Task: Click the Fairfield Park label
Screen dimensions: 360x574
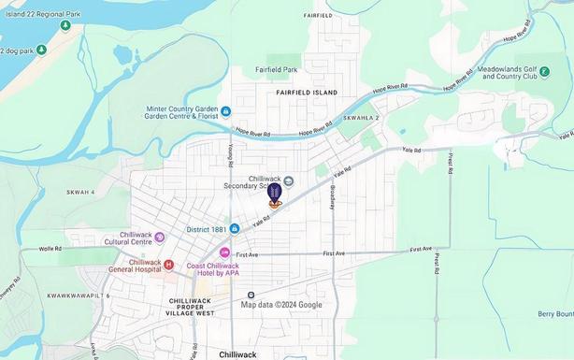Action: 276,69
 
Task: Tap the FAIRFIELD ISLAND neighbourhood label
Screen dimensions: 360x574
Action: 306,94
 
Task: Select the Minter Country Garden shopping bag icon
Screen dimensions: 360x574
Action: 225,111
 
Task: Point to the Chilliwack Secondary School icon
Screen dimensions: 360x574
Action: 288,181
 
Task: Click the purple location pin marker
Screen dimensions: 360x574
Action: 275,194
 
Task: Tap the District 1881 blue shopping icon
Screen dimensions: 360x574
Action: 235,228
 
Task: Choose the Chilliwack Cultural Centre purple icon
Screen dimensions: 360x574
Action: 159,238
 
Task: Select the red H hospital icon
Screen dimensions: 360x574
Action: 168,265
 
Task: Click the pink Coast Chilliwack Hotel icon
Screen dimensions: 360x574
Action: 224,252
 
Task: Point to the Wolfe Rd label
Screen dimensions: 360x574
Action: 50,249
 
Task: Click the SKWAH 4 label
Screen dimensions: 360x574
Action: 80,192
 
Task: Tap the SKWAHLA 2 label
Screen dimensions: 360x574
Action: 361,119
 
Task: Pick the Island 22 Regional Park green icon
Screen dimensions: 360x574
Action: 65,25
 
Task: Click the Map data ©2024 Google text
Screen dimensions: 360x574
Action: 281,305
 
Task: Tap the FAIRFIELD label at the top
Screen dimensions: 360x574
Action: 318,16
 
